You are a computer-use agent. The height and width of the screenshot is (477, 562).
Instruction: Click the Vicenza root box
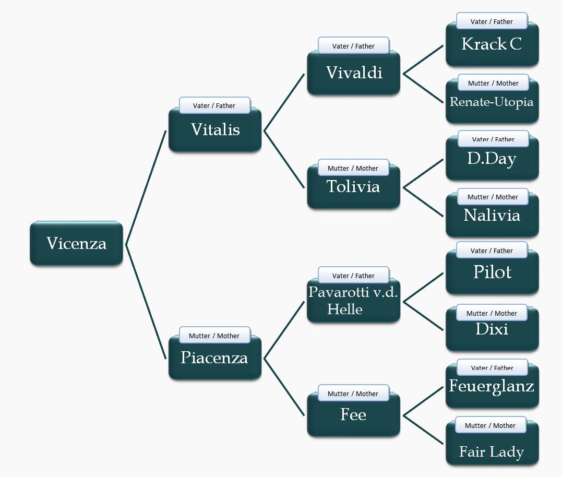click(76, 244)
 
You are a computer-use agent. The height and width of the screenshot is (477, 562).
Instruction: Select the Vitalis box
click(215, 130)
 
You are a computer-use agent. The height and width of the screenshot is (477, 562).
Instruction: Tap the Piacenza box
click(214, 359)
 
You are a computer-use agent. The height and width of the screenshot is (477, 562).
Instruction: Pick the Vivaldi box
click(354, 73)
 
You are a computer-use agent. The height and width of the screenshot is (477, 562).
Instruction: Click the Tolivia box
click(353, 187)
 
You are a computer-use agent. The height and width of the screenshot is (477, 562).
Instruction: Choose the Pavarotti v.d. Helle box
click(353, 301)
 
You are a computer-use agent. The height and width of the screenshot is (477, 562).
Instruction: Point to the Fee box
click(353, 415)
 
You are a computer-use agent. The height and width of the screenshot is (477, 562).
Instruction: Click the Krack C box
click(492, 45)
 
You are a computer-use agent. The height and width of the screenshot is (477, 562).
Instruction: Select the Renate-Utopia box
click(492, 102)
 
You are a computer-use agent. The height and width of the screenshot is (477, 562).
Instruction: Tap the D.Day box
click(492, 159)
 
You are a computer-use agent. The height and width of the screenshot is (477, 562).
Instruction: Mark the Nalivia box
click(492, 216)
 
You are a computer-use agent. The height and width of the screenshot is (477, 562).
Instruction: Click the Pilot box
click(492, 273)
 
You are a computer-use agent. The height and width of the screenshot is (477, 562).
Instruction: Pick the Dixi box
click(492, 330)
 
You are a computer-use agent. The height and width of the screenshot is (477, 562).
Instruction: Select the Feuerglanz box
click(492, 387)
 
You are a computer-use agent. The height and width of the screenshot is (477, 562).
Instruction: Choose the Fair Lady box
click(492, 452)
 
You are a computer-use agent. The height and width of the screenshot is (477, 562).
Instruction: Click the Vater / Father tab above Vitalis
click(214, 105)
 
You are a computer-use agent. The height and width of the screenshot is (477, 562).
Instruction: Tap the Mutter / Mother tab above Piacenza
click(214, 336)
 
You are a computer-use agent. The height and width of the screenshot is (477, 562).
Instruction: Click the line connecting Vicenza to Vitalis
click(146, 188)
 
